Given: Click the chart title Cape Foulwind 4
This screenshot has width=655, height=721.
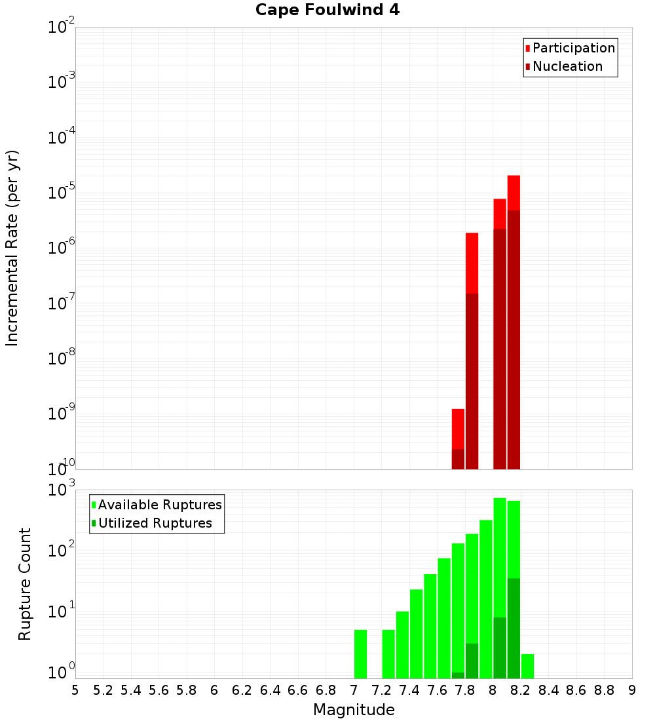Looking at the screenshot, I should pos(327,10).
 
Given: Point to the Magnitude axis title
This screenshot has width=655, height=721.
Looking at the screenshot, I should pos(354,710).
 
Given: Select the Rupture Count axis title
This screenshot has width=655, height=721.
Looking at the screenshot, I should pos(25,584).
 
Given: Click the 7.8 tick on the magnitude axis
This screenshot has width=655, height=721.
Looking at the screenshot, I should pos(465,690).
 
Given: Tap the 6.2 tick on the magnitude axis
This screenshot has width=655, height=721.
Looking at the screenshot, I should pos(242,690).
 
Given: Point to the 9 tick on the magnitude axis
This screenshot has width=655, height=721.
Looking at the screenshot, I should pos(632,690).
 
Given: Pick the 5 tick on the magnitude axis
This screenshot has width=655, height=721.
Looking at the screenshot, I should pos(75,690).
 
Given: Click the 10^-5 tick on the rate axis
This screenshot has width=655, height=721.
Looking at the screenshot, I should pos(61,194).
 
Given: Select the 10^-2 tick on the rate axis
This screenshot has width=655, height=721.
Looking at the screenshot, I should pos(61,28).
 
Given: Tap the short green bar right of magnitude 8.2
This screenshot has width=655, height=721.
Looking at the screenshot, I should pos(527,666).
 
